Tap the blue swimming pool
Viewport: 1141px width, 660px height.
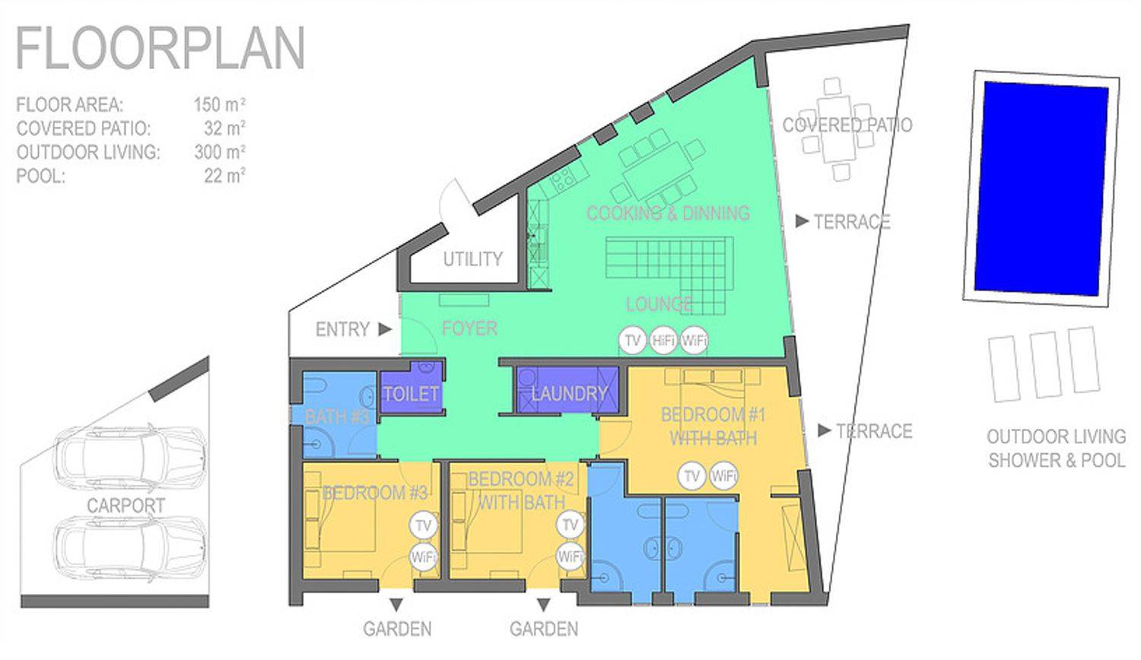point(1041,189)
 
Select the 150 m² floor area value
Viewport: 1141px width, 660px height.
point(220,105)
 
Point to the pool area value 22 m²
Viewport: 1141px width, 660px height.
point(224,176)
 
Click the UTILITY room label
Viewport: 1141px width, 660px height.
point(472,259)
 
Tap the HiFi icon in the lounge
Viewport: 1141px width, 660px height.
point(664,340)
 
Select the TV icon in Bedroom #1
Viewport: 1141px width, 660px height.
point(691,476)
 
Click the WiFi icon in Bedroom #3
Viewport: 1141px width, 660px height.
point(424,557)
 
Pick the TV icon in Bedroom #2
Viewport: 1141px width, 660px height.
point(570,525)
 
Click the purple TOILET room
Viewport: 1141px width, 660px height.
point(412,389)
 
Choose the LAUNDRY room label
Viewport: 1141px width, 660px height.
point(570,394)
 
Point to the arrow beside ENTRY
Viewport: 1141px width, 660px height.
point(385,329)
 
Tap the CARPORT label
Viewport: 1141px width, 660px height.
point(126,506)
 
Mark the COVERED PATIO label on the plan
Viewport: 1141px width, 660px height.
point(847,125)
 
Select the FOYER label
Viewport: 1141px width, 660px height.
point(469,328)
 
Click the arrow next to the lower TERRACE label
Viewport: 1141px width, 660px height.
point(825,431)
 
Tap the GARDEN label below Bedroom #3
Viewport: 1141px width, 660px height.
point(397,629)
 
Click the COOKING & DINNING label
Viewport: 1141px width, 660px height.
point(669,213)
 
